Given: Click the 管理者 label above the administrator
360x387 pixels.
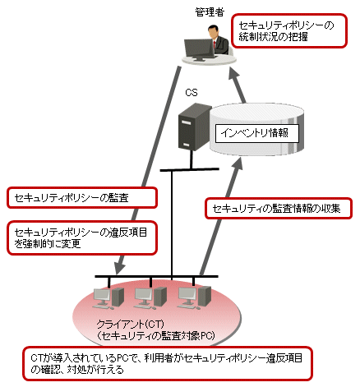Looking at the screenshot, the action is [x=210, y=12].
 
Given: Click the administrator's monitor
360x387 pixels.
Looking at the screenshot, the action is [x=200, y=50].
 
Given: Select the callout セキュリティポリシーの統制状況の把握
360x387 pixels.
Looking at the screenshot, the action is [x=289, y=31].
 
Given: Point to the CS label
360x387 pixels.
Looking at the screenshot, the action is [x=192, y=93].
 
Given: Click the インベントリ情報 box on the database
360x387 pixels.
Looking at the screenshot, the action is [x=256, y=133].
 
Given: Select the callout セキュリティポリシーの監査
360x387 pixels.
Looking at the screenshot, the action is [x=82, y=198].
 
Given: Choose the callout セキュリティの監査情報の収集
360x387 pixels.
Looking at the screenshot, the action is [x=279, y=209].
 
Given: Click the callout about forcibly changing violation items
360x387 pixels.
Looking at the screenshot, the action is [x=82, y=237].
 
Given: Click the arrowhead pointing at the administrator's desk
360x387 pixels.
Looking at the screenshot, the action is [x=234, y=73].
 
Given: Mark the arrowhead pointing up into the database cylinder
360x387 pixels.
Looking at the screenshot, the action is [x=238, y=163].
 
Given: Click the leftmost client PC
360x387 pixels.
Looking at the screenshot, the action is [x=108, y=297].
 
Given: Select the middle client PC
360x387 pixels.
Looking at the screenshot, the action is [x=150, y=297].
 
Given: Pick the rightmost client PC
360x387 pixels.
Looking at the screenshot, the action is [x=194, y=297].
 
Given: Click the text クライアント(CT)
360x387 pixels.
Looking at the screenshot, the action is [x=131, y=325].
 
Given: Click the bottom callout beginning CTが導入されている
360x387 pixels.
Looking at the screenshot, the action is [x=168, y=364].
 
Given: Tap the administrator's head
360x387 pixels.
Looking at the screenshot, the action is [x=214, y=30].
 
